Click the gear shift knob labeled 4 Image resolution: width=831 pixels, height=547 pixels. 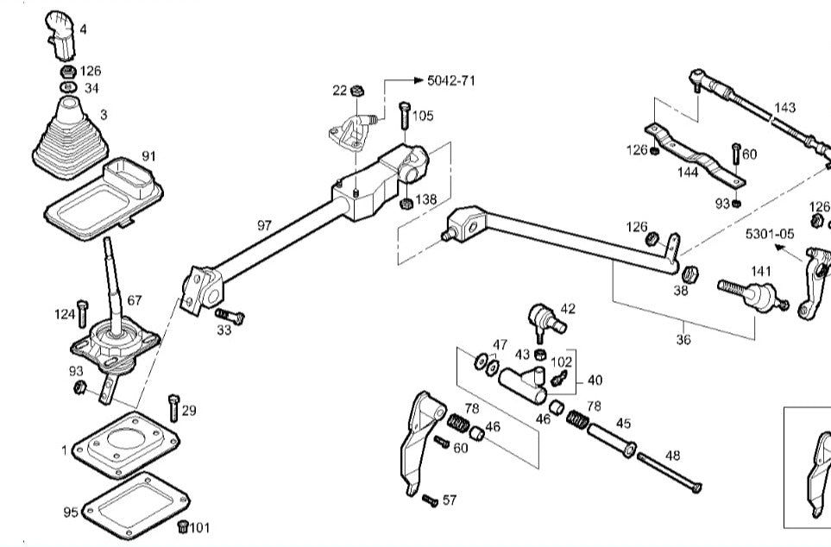60,35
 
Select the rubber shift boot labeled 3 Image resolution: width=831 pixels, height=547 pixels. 71,139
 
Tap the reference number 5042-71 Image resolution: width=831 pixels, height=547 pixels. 451,80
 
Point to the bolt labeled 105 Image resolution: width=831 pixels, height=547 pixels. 405,116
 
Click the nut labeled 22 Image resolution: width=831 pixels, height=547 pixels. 357,90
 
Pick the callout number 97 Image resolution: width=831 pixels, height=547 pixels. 264,225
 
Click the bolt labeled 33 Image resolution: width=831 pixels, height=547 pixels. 230,316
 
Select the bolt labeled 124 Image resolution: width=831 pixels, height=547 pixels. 82,314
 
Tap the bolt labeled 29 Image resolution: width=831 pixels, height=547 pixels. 173,407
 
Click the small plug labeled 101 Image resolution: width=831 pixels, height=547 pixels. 183,526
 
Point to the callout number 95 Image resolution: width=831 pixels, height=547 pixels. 71,512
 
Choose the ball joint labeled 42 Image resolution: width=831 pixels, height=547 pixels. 546,320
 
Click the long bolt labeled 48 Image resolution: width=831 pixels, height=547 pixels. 670,473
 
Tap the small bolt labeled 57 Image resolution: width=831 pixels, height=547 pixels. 430,500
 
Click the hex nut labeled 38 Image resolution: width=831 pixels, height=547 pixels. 689,274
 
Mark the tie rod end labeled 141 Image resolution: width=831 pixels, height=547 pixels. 753,296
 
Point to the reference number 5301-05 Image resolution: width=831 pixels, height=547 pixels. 770,234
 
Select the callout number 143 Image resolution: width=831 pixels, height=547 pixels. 784,108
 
